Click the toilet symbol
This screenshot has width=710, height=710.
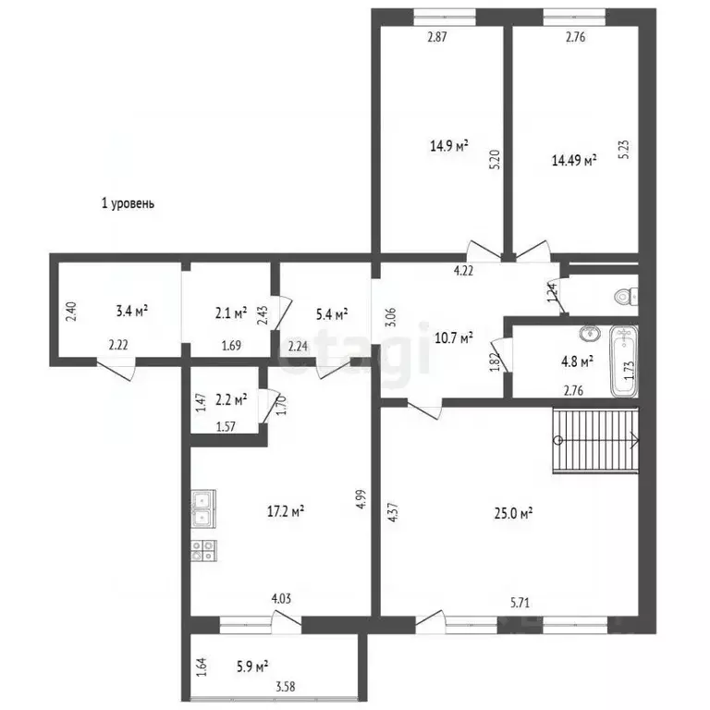click(626, 297)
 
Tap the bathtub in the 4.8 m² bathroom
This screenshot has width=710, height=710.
click(624, 361)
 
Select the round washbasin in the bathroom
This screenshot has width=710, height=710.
click(590, 334)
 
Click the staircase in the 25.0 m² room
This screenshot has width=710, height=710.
click(595, 440)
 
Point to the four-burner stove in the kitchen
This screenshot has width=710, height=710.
click(203, 551)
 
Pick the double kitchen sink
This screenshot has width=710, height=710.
click(203, 508)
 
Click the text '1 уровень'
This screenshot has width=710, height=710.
click(128, 203)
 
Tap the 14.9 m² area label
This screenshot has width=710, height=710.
click(449, 146)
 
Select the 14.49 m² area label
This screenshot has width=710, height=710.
click(574, 160)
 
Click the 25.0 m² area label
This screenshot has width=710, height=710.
click(513, 513)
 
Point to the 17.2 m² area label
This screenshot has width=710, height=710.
click(286, 511)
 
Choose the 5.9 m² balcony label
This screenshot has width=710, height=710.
click(252, 667)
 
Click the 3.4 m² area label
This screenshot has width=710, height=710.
click(132, 311)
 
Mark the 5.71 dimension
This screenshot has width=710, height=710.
click(520, 603)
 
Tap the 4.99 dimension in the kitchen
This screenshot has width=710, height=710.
click(361, 499)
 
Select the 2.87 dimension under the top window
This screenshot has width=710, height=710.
click(437, 37)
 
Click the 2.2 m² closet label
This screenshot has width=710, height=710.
click(231, 399)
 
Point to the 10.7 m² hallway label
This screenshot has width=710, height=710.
click(454, 337)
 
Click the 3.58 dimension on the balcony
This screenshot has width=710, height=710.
click(286, 687)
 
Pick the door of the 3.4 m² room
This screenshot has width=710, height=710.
click(116, 369)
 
